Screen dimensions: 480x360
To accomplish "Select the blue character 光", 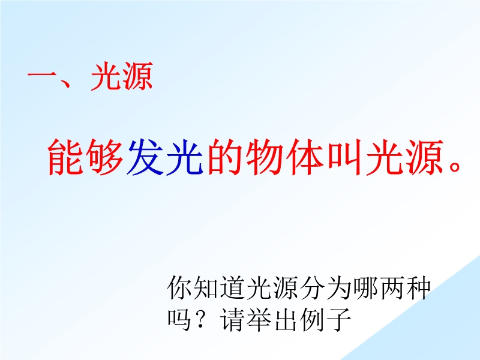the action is pos(185,157).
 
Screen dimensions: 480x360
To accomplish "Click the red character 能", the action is pos(66,157).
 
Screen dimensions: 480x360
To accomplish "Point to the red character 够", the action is pos(106,157).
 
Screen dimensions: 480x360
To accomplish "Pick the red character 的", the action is pos(226,157).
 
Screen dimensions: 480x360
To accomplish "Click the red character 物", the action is pos(265,157).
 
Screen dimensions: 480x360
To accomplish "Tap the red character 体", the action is pos(305,157).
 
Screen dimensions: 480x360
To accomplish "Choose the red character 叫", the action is pos(345,157).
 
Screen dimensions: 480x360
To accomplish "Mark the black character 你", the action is pos(179,288).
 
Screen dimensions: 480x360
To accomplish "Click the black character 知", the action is pos(206,288).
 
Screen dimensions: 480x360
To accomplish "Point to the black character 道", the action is pos(233,288).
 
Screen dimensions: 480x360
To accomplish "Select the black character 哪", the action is pos(365,288).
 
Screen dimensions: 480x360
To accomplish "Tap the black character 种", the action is pos(418,288).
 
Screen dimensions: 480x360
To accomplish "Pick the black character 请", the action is pos(233,320).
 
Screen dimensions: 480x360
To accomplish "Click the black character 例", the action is pos(312,320).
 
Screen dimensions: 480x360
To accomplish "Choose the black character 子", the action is pos(338,320).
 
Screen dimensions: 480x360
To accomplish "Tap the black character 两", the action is pos(392,289).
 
